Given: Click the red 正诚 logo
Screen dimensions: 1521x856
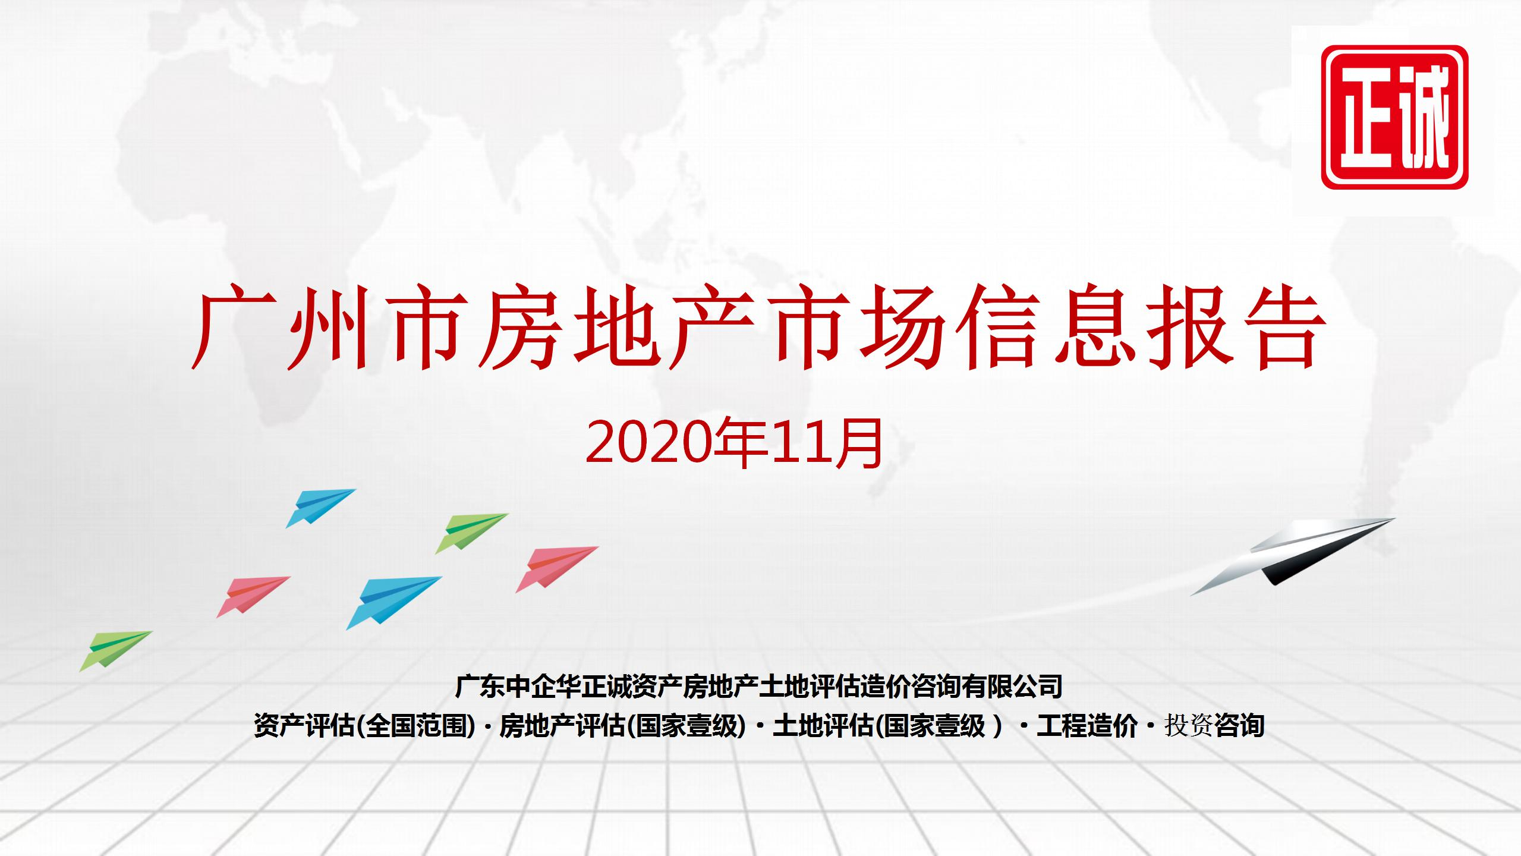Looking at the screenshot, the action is click(x=1394, y=117).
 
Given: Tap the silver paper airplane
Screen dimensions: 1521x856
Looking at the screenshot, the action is click(x=1293, y=555).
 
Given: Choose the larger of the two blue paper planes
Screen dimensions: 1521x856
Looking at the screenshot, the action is click(x=393, y=602).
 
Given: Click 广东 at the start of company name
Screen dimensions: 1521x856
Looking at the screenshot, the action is click(x=481, y=687).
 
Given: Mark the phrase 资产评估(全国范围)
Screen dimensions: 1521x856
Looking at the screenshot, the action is click(x=364, y=726).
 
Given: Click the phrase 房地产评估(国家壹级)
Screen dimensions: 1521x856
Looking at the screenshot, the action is click(x=622, y=726).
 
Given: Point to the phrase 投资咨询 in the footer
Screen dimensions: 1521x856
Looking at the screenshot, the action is click(x=1214, y=726).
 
